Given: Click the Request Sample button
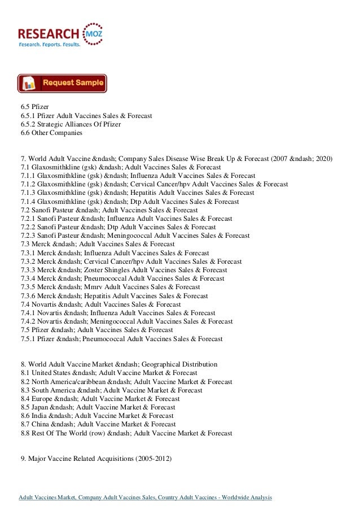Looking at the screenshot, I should (x=62, y=83).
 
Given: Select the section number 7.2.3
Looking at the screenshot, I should (x=28, y=236).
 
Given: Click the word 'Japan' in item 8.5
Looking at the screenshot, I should (x=40, y=407).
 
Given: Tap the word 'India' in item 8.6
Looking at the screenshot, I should (x=39, y=416).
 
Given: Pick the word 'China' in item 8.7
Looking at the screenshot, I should (x=40, y=424).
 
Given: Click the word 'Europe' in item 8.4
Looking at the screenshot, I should (x=42, y=398).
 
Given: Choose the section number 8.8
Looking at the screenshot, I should (x=25, y=433).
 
